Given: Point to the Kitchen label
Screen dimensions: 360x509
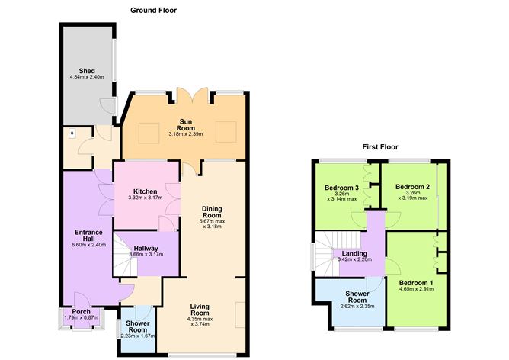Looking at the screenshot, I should pos(145,191).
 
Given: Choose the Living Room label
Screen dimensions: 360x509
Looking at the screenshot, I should pos(200,309).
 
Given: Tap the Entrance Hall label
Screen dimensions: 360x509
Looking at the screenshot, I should pos(88,236).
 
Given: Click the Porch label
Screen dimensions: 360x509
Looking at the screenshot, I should pos(81,312).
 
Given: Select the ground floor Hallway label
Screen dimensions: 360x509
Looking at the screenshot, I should pos(146,248).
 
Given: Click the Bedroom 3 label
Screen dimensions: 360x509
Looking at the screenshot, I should pos(341,188).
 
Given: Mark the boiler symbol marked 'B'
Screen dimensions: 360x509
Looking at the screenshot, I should pos(72,133).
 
